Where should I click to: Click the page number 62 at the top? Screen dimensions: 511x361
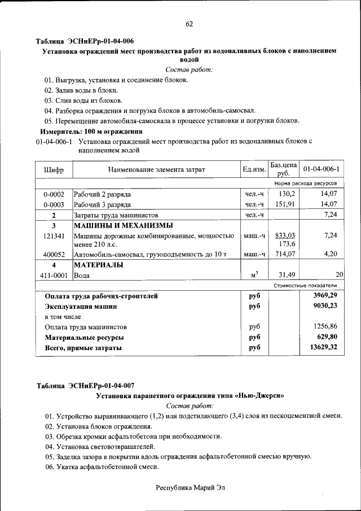click(x=189, y=24)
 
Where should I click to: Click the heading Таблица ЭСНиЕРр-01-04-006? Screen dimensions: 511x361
click(x=85, y=42)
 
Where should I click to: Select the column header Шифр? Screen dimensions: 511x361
click(x=54, y=169)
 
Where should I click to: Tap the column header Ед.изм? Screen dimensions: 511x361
click(x=254, y=169)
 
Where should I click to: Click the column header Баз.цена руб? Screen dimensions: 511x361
click(x=283, y=169)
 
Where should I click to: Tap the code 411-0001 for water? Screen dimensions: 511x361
click(x=54, y=276)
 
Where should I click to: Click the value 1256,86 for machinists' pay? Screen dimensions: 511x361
click(x=325, y=327)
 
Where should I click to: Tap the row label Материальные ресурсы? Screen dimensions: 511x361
click(x=84, y=338)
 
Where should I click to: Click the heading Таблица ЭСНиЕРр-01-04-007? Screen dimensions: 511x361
click(x=85, y=386)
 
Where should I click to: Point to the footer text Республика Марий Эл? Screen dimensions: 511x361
click(x=190, y=487)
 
